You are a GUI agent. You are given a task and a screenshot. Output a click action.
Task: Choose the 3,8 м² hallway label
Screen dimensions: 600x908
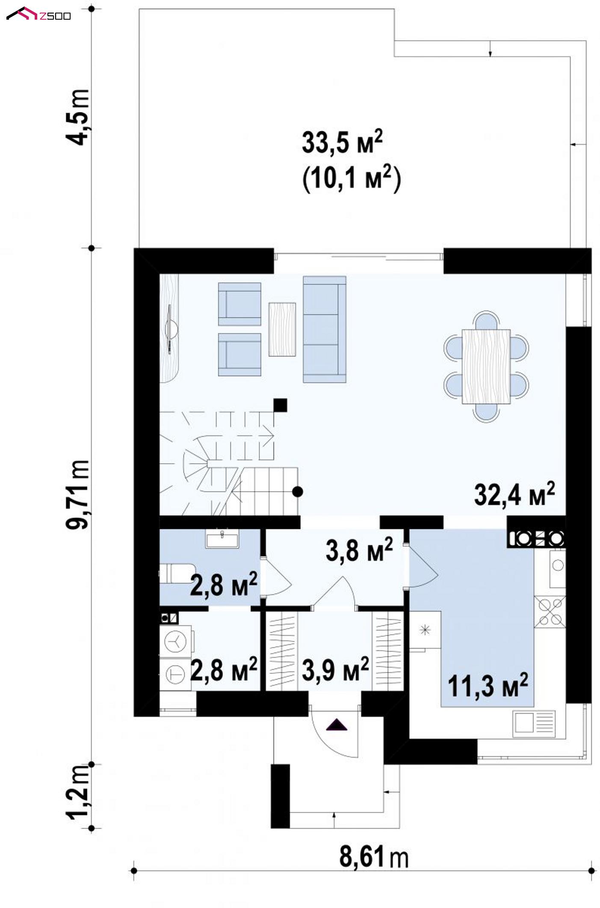click(359, 550)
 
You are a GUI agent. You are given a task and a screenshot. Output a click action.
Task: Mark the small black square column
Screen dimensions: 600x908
click(280, 405)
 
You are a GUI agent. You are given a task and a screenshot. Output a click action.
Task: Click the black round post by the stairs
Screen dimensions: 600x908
click(298, 492)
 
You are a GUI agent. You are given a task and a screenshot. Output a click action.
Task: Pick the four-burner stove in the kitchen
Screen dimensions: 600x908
click(550, 611)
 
